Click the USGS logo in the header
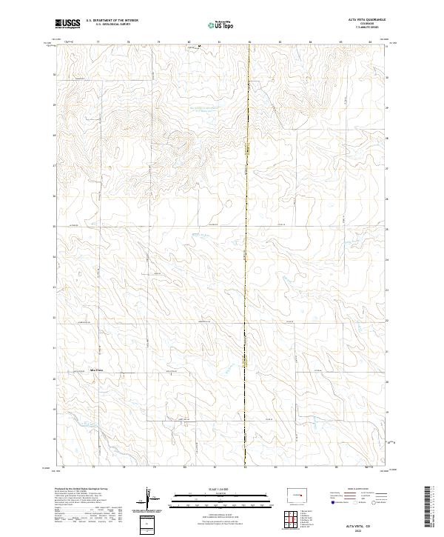pyautogui.click(x=67, y=24)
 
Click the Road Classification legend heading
pyautogui.click(x=352, y=489)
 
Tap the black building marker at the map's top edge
pyautogui.click(x=198, y=46)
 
